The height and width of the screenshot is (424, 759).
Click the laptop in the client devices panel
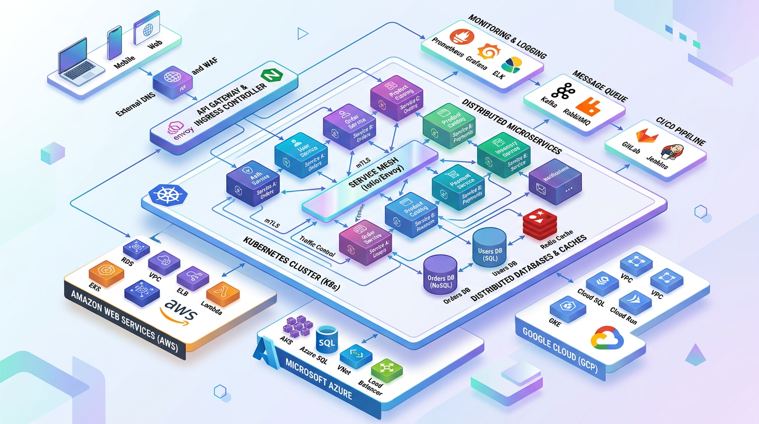click(79, 61)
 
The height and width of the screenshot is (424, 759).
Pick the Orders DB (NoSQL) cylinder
click(440, 274)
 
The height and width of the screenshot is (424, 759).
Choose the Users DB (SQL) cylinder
click(490, 246)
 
